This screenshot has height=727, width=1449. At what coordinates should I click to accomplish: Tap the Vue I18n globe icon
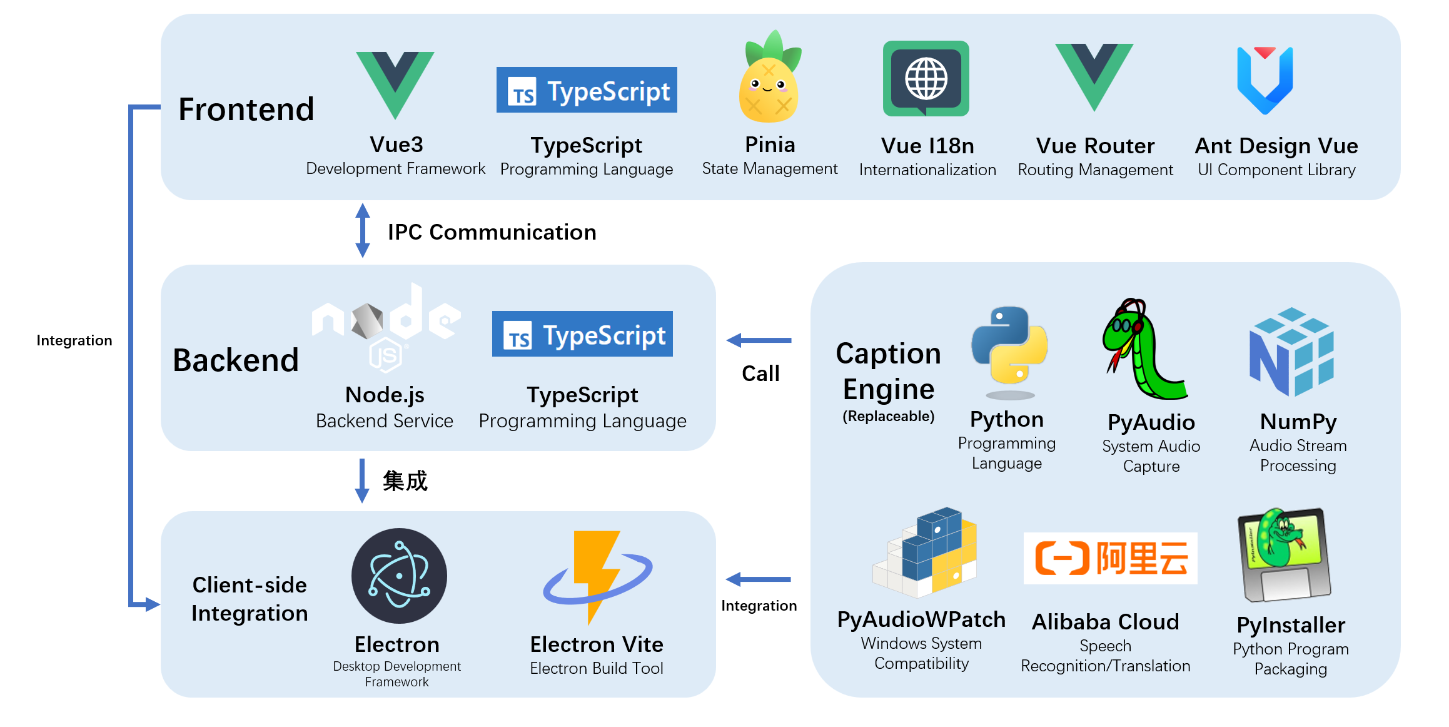[926, 79]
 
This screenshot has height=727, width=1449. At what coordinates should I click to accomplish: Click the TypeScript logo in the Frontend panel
[587, 90]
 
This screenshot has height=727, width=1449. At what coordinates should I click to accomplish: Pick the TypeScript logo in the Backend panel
[582, 334]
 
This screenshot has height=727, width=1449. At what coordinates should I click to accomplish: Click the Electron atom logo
[399, 576]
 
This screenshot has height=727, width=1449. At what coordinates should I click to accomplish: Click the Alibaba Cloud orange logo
[1110, 558]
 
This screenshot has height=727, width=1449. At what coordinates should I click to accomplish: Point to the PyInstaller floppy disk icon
[1285, 554]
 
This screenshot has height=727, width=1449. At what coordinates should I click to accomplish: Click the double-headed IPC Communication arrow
[362, 230]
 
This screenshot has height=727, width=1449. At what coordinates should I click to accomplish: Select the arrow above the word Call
[759, 340]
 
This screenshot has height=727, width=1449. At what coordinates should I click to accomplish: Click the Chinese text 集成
[405, 481]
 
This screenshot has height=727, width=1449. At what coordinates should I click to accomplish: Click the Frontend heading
[246, 109]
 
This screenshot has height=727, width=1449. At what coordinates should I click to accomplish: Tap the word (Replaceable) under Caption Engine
[888, 417]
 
